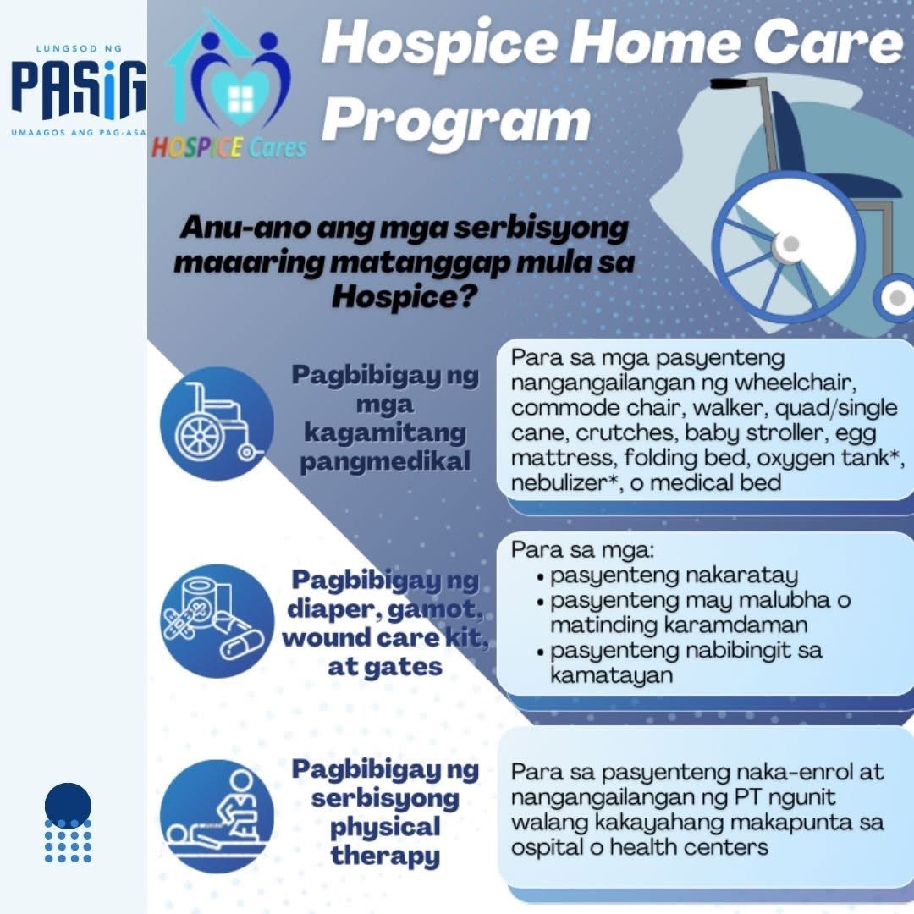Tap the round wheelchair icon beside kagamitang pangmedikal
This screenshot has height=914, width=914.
pyautogui.click(x=217, y=423)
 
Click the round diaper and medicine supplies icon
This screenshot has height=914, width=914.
pyautogui.click(x=217, y=620)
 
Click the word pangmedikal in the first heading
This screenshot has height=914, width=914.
pyautogui.click(x=385, y=462)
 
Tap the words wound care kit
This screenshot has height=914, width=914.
pyautogui.click(x=385, y=637)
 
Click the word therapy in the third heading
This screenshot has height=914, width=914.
pyautogui.click(x=385, y=855)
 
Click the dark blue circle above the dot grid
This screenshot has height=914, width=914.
pyautogui.click(x=68, y=804)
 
